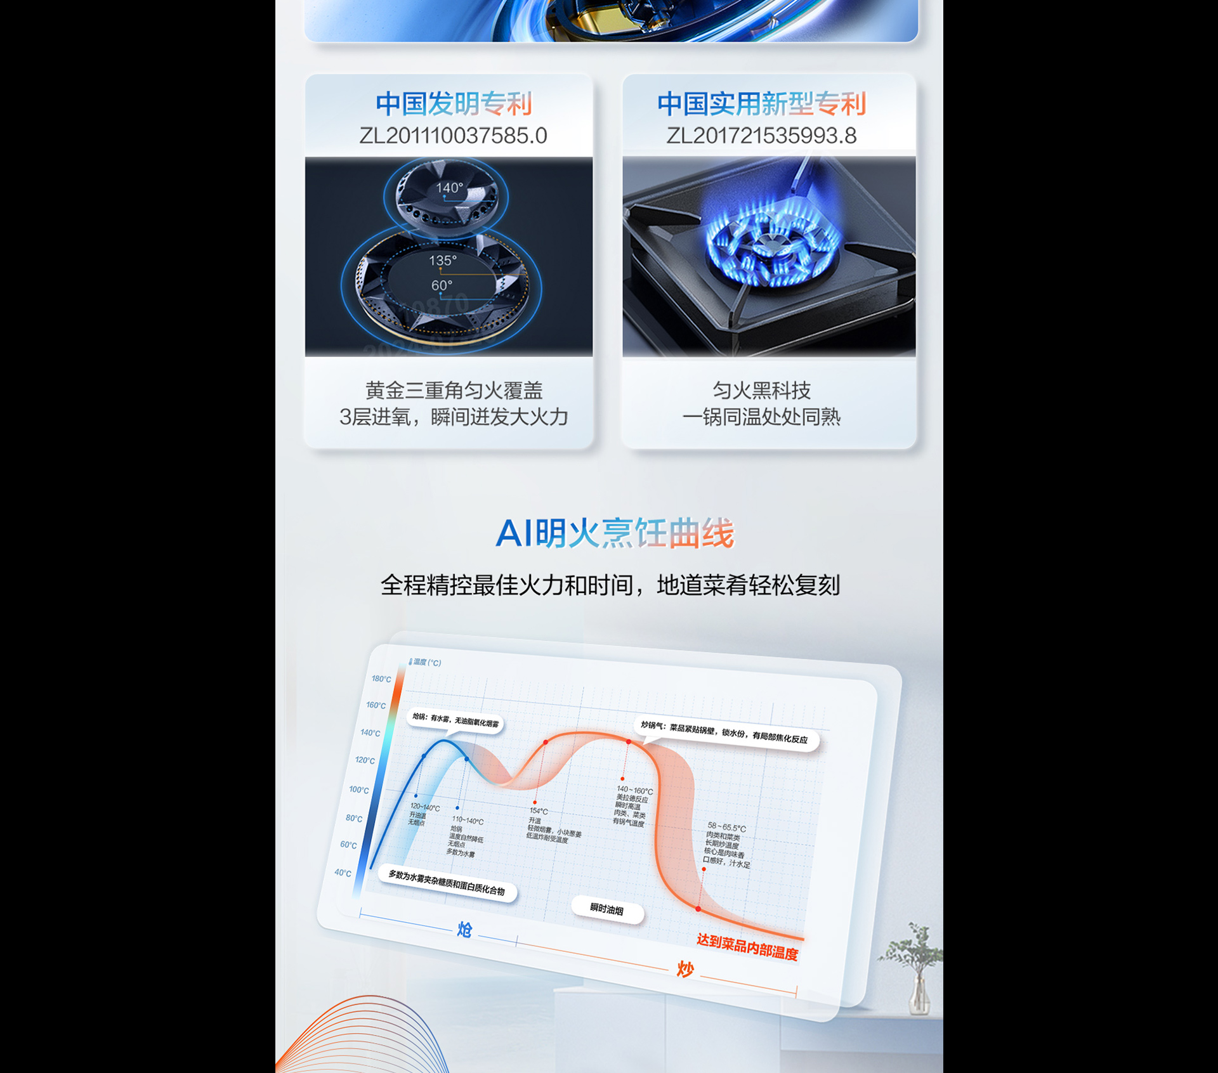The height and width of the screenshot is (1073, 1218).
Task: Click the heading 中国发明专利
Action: (453, 103)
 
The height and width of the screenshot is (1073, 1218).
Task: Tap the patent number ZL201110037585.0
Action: (453, 136)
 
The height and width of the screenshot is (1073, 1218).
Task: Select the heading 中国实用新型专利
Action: (761, 103)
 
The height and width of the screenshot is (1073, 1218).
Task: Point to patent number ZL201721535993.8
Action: (761, 136)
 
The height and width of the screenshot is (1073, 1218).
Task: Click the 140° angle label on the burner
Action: (449, 188)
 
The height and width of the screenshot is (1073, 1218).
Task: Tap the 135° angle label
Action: (442, 261)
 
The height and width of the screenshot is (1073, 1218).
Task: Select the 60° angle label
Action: (442, 285)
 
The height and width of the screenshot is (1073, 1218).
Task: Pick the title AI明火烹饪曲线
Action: (614, 533)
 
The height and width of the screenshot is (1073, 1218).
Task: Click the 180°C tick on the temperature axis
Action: (381, 679)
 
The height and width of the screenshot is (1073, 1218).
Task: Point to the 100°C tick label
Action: (358, 790)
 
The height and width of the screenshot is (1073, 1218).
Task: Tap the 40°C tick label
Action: (343, 873)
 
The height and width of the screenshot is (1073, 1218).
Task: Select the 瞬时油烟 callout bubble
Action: (607, 909)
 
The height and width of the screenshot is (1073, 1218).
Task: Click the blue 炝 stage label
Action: (464, 930)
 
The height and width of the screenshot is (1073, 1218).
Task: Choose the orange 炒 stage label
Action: (684, 969)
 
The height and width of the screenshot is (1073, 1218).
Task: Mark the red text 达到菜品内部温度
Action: (747, 947)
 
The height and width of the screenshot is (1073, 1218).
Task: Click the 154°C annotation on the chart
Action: (539, 811)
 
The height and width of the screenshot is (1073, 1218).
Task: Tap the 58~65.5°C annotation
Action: (726, 827)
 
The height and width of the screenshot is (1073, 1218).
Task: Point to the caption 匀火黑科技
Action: (761, 391)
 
